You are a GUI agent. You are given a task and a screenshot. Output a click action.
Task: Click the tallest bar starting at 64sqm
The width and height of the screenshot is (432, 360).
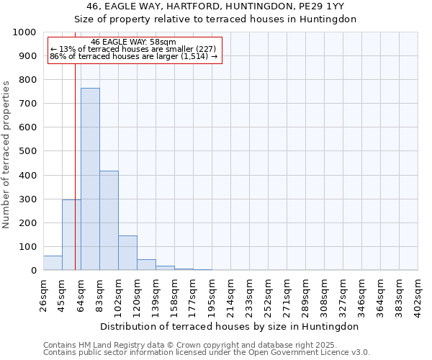[90, 179]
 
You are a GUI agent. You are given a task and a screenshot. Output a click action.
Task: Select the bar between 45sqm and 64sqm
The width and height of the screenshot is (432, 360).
[71, 235]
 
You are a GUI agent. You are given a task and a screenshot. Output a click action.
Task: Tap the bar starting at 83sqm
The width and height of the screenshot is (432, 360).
[109, 220]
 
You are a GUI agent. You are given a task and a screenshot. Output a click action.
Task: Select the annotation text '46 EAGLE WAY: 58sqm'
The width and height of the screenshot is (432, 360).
[133, 42]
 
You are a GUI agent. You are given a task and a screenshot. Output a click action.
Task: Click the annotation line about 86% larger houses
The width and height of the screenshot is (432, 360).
[133, 56]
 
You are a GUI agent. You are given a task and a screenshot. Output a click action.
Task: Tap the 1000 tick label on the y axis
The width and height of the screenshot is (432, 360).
[25, 32]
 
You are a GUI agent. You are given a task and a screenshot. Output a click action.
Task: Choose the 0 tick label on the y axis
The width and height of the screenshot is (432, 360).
[34, 271]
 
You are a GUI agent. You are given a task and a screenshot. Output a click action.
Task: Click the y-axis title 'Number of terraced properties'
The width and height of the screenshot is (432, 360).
[6, 154]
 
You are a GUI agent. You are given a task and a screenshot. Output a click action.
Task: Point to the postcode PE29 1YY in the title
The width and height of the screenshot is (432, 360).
[321, 5]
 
